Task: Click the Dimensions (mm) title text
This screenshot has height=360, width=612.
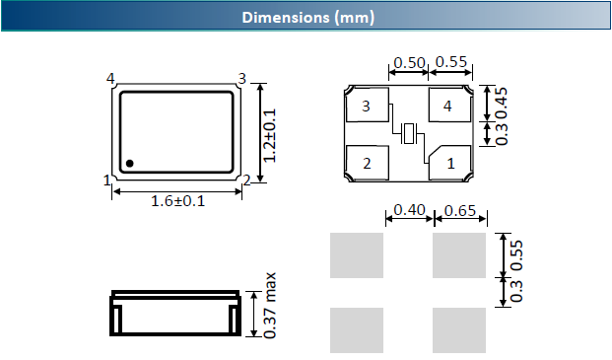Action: (307, 18)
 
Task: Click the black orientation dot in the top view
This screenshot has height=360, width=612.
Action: (129, 163)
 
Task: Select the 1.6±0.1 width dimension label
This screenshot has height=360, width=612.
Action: (177, 201)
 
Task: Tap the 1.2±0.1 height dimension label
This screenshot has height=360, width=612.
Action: (269, 135)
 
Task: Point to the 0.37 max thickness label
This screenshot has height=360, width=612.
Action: (270, 306)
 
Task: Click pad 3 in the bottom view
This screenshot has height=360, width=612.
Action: (368, 105)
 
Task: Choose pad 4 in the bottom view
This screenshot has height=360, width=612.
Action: (449, 105)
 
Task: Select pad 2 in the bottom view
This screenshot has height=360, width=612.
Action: (368, 163)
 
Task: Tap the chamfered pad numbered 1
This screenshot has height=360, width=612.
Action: (449, 163)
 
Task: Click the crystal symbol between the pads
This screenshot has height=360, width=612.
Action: (409, 133)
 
